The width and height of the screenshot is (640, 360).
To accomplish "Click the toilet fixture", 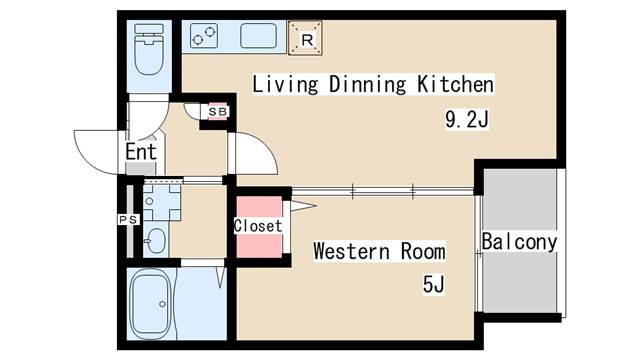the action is click(x=149, y=49).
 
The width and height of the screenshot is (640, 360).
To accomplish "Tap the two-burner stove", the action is click(x=204, y=36).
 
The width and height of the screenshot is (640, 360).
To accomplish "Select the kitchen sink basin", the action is click(x=258, y=36).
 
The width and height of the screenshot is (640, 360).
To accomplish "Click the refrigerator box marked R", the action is click(x=305, y=38).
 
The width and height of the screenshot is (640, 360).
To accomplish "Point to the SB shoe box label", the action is click(x=218, y=111).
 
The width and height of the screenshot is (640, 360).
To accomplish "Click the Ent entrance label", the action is click(x=141, y=152).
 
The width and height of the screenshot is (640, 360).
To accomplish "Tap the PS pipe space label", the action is click(x=129, y=220).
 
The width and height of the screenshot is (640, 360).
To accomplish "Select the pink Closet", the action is click(x=259, y=227).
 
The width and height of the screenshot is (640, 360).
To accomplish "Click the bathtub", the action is click(x=150, y=304).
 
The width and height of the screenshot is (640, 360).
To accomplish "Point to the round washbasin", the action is click(x=156, y=240).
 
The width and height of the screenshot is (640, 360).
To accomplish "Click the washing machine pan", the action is click(x=162, y=203).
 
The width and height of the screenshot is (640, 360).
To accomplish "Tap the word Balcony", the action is click(x=519, y=242).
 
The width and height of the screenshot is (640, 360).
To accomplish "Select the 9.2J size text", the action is click(x=467, y=120).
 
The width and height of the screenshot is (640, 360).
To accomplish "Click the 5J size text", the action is click(x=433, y=284).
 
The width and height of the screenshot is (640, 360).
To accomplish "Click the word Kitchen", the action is click(x=455, y=84).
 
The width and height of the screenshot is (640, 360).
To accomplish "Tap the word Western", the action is click(x=351, y=251).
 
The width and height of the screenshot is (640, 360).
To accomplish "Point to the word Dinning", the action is click(x=367, y=85).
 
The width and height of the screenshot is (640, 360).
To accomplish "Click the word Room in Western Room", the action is click(x=423, y=251).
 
